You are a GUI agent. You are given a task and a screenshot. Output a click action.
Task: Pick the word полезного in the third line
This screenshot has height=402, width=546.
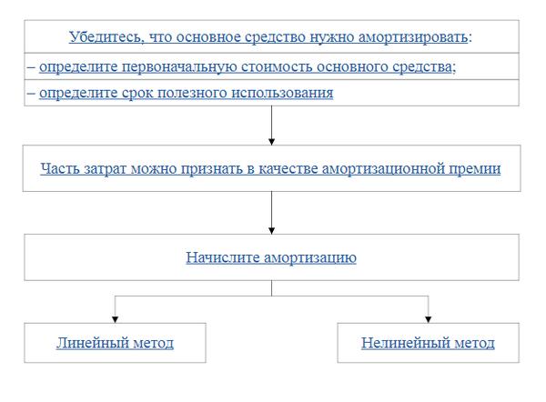(x=187, y=93)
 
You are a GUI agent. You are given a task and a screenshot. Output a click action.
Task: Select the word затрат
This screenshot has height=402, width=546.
(x=102, y=168)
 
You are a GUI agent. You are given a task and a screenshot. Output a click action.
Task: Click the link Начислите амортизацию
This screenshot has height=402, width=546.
(x=270, y=257)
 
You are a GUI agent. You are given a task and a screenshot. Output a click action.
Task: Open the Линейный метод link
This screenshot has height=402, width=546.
(x=115, y=343)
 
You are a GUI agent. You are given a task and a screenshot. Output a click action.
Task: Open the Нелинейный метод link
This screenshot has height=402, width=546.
(x=428, y=343)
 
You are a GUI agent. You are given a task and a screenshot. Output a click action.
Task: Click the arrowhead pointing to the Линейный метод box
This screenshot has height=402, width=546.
(x=115, y=318)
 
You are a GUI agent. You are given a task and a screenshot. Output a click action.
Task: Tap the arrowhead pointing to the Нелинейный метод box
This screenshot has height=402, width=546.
(x=428, y=318)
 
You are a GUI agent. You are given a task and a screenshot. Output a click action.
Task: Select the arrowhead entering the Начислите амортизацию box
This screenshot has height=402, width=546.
(x=271, y=229)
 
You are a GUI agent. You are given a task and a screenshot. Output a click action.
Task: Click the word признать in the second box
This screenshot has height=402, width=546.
(x=211, y=168)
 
